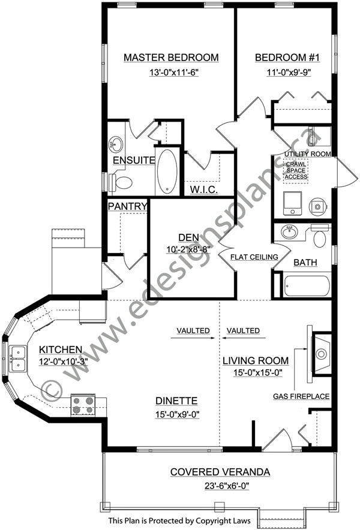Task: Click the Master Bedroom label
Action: tap(171, 58)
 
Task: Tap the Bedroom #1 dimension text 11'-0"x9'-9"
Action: tap(289, 73)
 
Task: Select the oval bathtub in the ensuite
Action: tap(167, 171)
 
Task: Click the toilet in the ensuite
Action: tap(120, 182)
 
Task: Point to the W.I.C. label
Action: tap(203, 189)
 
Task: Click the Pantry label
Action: tap(128, 206)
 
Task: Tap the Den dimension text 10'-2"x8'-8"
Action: tap(188, 250)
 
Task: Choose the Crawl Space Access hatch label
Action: tap(296, 170)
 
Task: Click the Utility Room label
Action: tap(308, 154)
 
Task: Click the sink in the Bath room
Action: tap(289, 232)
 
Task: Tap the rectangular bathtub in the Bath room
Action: tap(307, 287)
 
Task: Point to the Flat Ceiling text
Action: tap(254, 257)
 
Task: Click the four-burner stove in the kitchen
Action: tap(83, 405)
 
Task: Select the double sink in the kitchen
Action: tap(17, 359)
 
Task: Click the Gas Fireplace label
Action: tap(301, 396)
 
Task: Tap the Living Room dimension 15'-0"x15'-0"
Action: tap(258, 372)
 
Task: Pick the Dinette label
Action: tap(176, 401)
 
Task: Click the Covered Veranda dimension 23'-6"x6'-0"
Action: tap(227, 486)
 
